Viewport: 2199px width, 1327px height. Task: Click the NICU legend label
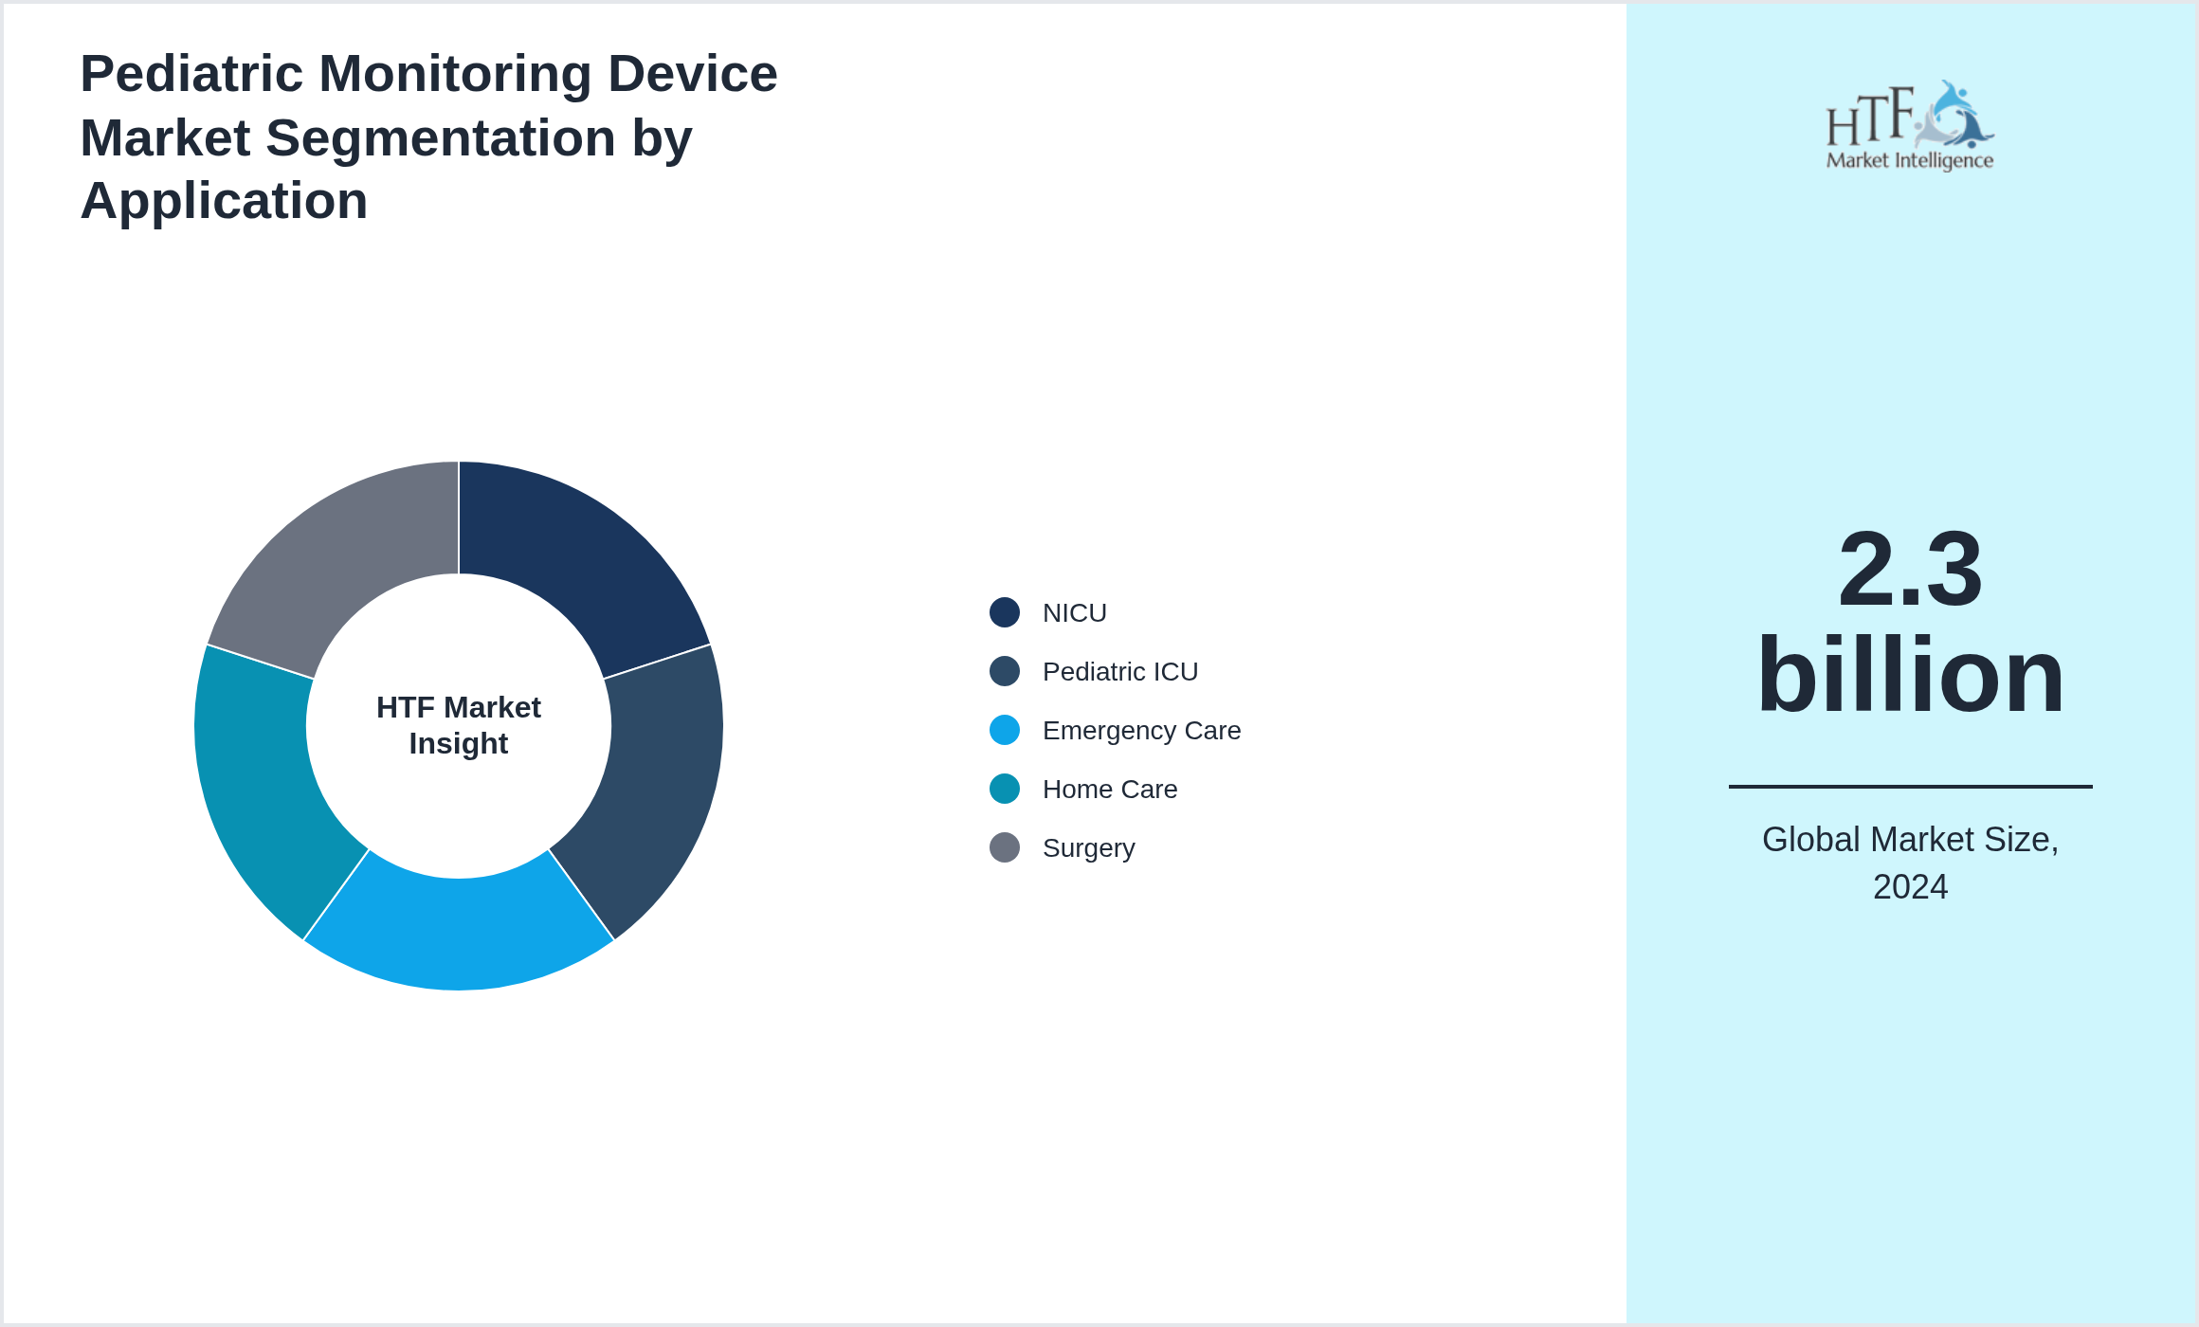point(1074,613)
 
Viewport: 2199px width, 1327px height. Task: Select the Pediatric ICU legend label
point(1119,672)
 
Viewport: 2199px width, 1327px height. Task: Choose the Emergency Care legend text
point(1141,731)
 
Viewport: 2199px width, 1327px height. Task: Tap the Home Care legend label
point(1109,790)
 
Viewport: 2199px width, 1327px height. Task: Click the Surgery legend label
point(1088,848)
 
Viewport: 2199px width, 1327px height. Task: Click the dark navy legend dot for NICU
point(1005,612)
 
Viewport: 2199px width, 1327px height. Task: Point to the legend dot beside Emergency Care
point(1005,730)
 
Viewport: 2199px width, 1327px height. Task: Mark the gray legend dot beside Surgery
point(1005,847)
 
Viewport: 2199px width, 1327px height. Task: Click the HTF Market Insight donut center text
point(459,725)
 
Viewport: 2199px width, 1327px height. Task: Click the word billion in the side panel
point(1910,675)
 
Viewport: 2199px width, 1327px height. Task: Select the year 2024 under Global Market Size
point(1910,887)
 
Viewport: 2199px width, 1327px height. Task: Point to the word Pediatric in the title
point(191,74)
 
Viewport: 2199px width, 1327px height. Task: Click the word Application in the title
point(224,201)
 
